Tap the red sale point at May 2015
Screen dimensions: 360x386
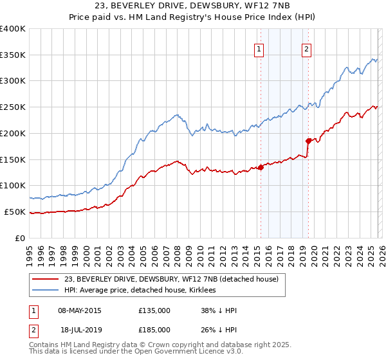(261, 167)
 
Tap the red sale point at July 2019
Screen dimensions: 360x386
(308, 141)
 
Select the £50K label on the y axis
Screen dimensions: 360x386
(15, 212)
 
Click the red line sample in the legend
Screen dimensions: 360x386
(45, 279)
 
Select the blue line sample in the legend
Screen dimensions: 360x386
(45, 290)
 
